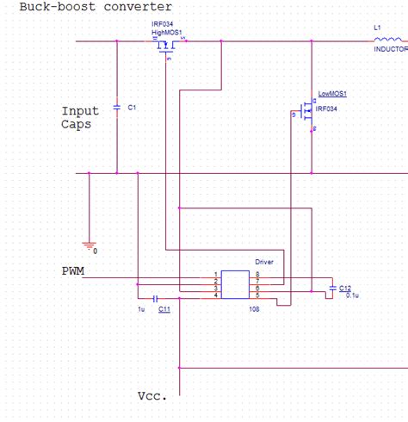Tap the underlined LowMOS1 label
332,93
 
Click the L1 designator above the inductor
377,28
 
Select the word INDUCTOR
390,50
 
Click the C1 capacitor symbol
117,108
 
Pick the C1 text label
132,108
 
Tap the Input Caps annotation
80,117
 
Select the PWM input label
73,271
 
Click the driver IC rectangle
234,284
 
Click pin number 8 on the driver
257,274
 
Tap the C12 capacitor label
344,288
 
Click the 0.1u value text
351,295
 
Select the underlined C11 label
164,308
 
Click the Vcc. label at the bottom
151,397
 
